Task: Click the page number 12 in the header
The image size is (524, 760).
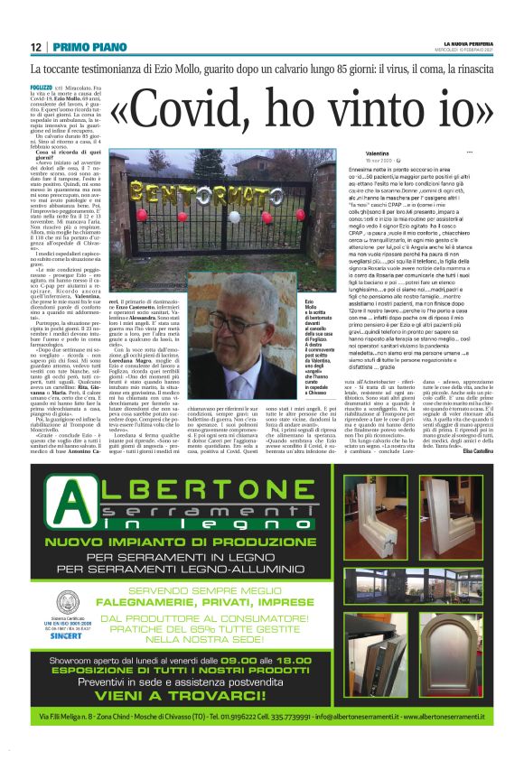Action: point(34,47)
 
